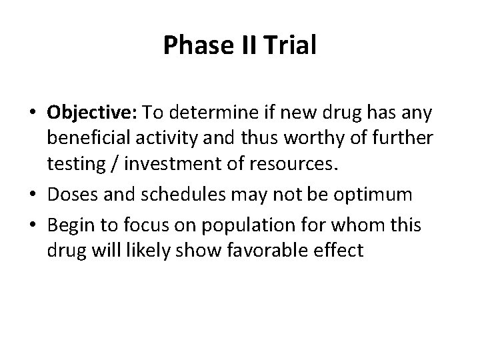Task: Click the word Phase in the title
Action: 189,47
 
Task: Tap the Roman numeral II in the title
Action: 235,47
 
